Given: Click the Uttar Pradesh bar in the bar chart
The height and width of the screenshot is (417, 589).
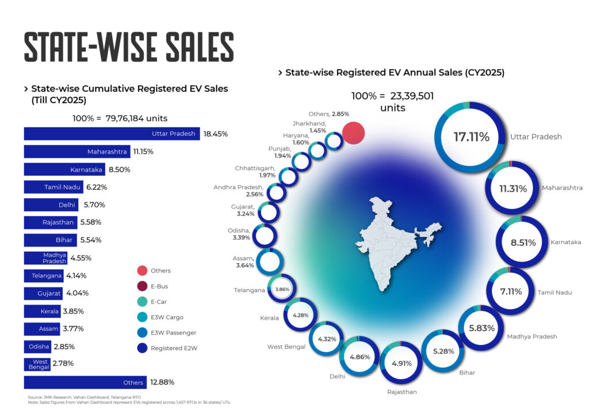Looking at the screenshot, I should [112, 134].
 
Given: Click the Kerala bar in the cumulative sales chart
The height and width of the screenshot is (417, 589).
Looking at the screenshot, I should [42, 312].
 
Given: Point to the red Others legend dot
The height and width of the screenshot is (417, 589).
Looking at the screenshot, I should [141, 271].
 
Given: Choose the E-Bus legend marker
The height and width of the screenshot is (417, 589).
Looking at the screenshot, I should [141, 286].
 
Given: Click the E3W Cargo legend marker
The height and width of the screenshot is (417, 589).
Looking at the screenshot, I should [141, 317].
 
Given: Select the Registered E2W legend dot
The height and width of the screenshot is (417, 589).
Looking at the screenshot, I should [141, 348].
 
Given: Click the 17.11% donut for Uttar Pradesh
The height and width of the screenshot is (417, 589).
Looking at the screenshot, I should [471, 137].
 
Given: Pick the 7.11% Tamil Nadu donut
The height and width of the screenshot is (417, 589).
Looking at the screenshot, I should [510, 291].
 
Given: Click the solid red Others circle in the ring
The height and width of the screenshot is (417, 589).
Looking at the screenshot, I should [354, 133].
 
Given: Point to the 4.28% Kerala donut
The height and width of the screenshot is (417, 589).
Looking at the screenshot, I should [301, 315].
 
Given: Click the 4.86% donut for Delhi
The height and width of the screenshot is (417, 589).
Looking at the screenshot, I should [359, 357].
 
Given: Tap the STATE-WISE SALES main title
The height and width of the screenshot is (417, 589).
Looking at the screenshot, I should [129, 47].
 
